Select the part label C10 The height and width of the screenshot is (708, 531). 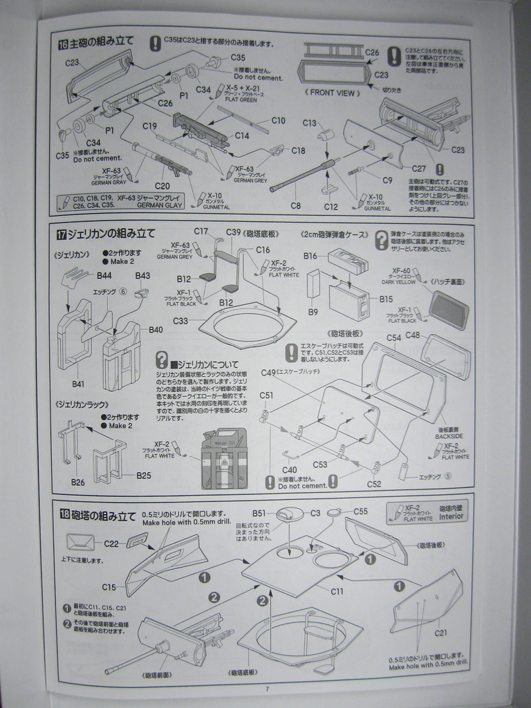278,121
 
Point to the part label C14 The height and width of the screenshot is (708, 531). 241,136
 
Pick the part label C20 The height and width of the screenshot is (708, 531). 162,186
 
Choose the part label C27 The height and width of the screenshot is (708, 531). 419,168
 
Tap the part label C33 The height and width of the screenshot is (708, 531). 180,322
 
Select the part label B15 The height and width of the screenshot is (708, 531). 386,299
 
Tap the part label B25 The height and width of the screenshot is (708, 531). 144,476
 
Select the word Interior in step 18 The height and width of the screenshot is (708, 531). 452,518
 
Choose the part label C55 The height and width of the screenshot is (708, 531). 360,511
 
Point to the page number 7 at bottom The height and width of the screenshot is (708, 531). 266,688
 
